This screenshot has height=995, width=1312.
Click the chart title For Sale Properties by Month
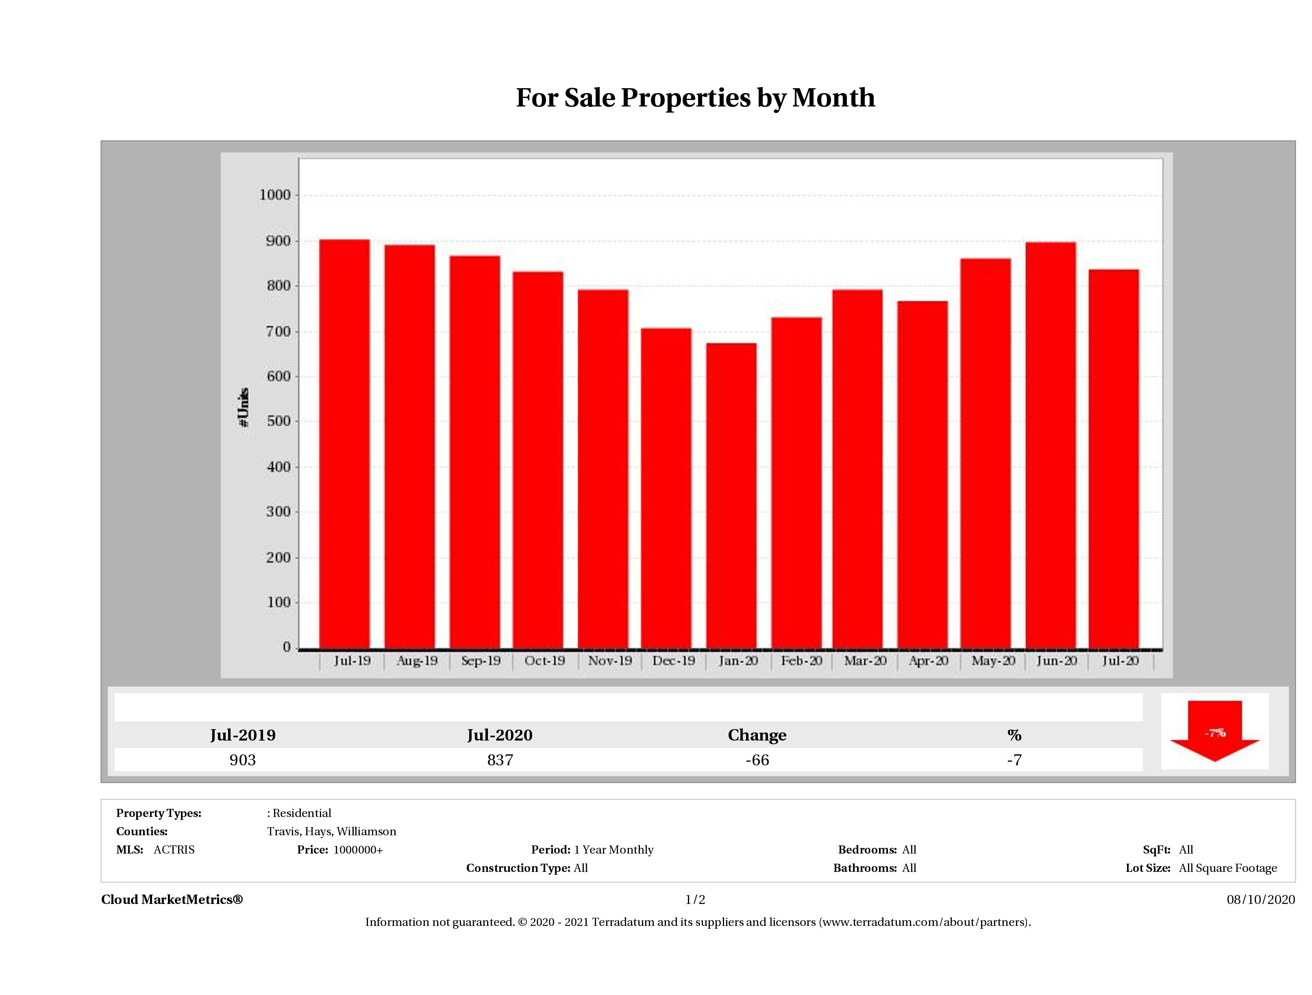coord(695,98)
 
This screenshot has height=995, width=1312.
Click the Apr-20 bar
coord(923,474)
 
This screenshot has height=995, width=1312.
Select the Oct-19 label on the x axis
coord(544,660)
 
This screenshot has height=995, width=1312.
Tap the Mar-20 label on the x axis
coord(865,660)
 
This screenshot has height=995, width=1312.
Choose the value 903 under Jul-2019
coord(243,760)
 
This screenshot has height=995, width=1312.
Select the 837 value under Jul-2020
coord(500,760)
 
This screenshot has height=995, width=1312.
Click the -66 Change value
coord(757,760)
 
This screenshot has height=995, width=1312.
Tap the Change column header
coord(757,735)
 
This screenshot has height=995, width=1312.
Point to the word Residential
coord(302,813)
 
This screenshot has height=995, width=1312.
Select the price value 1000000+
coord(358,850)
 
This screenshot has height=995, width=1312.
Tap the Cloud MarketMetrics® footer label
coord(172,899)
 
